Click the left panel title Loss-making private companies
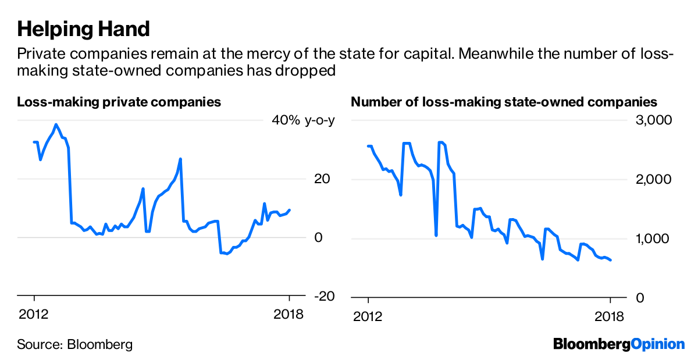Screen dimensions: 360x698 click(x=119, y=102)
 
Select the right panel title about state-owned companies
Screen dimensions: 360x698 click(x=504, y=102)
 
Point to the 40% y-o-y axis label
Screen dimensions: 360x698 click(x=304, y=120)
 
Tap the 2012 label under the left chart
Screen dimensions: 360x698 click(x=34, y=315)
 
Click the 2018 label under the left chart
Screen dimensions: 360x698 click(x=289, y=315)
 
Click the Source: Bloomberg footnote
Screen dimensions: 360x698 click(x=75, y=344)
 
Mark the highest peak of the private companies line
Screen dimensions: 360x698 click(x=56, y=124)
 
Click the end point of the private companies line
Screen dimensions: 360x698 click(x=290, y=210)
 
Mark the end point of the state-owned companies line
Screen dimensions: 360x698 click(x=611, y=260)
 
